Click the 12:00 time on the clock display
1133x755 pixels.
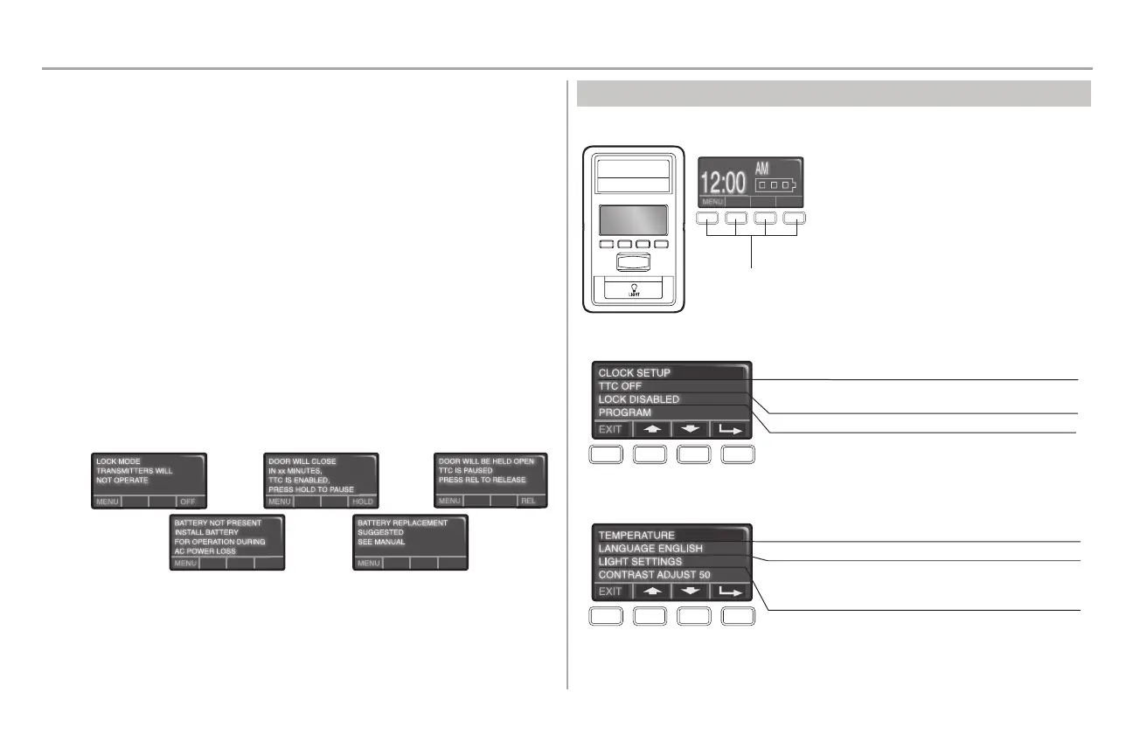pos(724,181)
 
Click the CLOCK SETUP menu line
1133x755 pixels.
pos(634,373)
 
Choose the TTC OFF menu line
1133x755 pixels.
pos(621,386)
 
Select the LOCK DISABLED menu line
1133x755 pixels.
pos(638,399)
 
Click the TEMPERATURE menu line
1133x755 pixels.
pos(636,535)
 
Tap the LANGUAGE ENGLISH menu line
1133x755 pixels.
pos(650,549)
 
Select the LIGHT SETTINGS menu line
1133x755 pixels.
pos(640,562)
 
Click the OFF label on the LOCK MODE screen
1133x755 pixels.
pos(188,502)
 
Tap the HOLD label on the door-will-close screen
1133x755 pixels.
pos(362,502)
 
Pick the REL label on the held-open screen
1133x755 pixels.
pos(528,501)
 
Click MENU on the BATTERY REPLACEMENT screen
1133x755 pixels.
pos(369,564)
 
